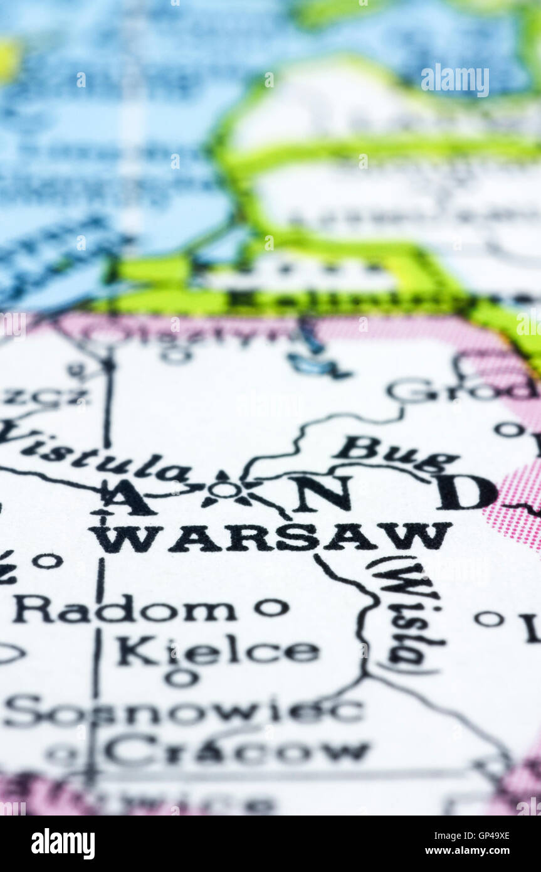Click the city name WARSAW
pos(270,537)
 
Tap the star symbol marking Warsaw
pos(224,490)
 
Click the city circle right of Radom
pos(271,607)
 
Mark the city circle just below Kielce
pos(181,678)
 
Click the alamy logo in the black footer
pos(63,844)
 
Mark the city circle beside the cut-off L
pos(489,619)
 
